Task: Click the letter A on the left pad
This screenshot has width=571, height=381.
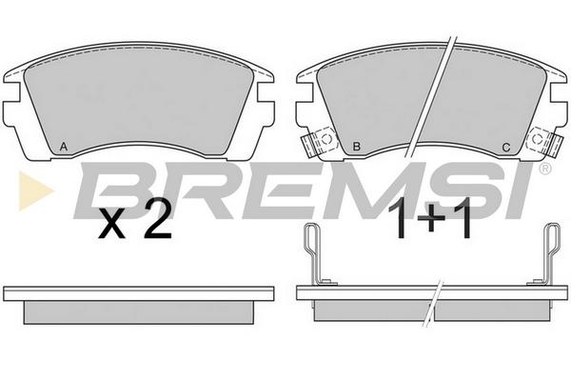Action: [x=64, y=147]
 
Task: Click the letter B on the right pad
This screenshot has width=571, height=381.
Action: [x=357, y=147]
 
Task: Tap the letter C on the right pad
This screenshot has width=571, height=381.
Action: [x=506, y=148]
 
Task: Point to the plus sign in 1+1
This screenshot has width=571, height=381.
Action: [x=431, y=218]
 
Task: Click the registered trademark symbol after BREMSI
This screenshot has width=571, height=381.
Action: [x=544, y=169]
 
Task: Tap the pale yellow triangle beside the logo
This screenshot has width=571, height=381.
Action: [x=35, y=190]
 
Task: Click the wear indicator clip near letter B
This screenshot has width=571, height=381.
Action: [x=319, y=142]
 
